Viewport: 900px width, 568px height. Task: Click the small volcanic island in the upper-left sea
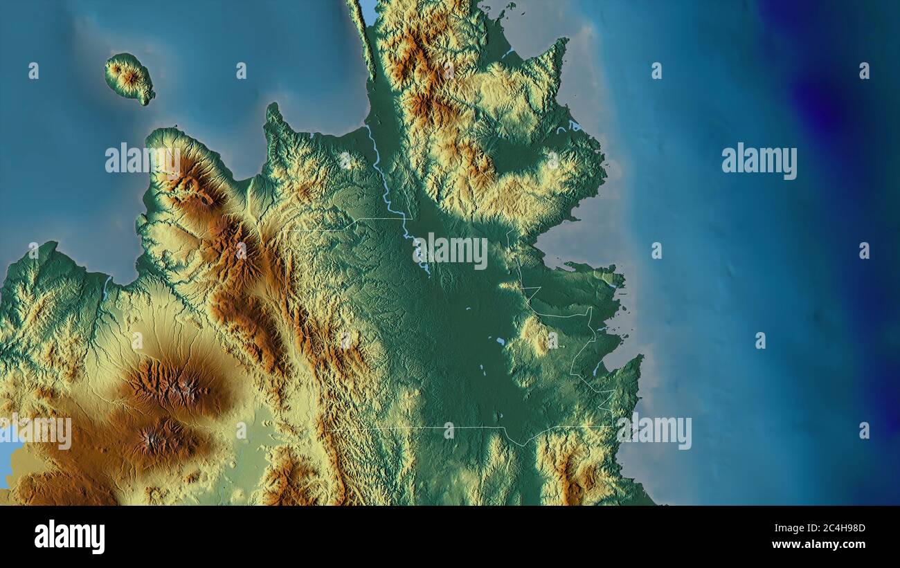tap(129, 77)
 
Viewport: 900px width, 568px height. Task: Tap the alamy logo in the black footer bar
tap(69, 536)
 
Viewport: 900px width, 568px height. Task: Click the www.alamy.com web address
tap(818, 544)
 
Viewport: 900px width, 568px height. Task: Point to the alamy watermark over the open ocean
tap(759, 161)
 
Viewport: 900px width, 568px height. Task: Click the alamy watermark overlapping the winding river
tap(450, 251)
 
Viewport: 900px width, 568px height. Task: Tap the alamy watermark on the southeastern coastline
tap(654, 432)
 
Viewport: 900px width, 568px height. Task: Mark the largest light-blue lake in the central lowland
tap(499, 341)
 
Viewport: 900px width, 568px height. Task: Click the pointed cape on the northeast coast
tap(562, 43)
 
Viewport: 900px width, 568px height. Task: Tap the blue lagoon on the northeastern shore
tap(573, 125)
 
